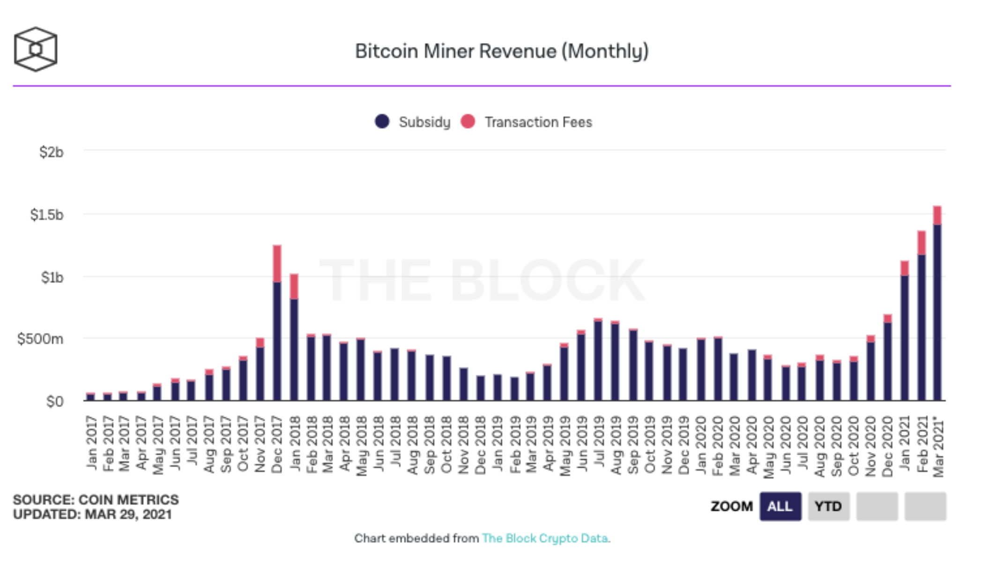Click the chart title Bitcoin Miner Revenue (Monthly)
click(501, 51)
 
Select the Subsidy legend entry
click(413, 122)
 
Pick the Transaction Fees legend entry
click(527, 122)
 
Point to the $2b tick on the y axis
click(51, 152)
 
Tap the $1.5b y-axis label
click(46, 215)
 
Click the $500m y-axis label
click(40, 339)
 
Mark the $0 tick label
click(54, 401)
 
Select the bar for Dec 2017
click(277, 328)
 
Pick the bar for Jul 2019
click(598, 361)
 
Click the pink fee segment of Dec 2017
click(277, 263)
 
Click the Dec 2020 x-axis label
click(887, 446)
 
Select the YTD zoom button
click(828, 506)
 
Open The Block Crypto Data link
click(545, 538)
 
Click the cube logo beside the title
click(36, 49)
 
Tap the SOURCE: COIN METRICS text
click(96, 500)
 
